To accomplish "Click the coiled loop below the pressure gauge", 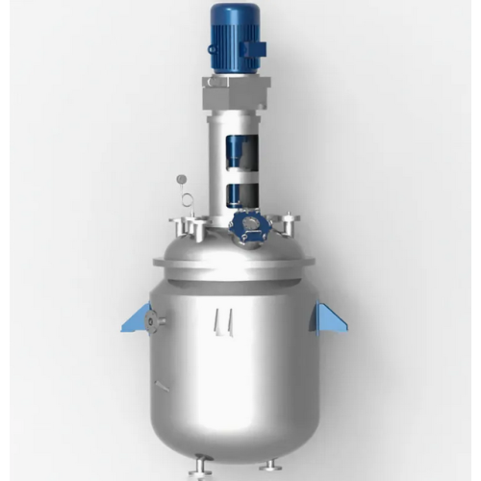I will pos(187,201).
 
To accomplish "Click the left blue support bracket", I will pos(137,317).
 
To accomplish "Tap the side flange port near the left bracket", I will pos(158,318).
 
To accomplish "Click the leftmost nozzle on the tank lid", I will pos(179,228).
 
